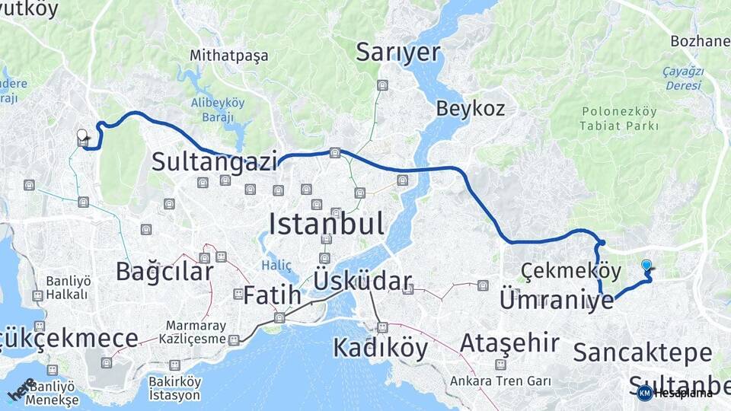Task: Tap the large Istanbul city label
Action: (x=326, y=224)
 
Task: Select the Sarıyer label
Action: (x=399, y=53)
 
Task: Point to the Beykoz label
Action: (x=470, y=109)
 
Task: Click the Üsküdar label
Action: (x=362, y=281)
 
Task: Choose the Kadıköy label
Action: (x=380, y=348)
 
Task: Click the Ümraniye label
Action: (x=556, y=300)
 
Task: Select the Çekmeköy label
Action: (x=560, y=270)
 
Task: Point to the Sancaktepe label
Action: (x=643, y=352)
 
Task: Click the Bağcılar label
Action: (x=164, y=271)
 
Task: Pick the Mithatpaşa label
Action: (x=219, y=56)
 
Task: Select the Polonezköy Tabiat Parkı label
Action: (x=618, y=119)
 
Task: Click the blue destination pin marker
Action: (x=646, y=265)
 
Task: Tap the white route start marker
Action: (x=82, y=135)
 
